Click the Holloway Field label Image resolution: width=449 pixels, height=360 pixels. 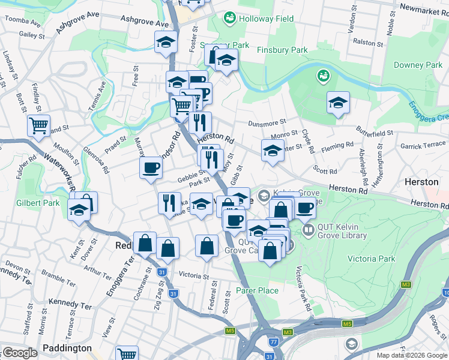[267, 19]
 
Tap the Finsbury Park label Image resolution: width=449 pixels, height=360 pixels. [282, 50]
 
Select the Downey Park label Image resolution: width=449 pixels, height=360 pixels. [418, 65]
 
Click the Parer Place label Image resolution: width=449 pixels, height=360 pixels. [257, 290]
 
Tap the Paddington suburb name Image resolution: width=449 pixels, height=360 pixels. [67, 348]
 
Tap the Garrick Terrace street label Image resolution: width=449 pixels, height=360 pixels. [423, 146]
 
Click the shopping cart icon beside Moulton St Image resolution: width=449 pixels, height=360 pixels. [38, 127]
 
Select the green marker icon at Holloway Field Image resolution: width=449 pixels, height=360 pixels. [229, 19]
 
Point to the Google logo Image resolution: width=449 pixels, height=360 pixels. [20, 353]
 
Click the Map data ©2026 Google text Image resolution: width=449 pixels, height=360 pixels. [412, 355]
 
